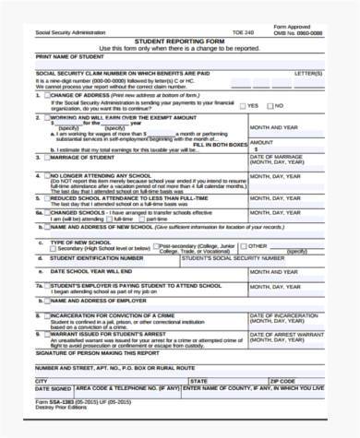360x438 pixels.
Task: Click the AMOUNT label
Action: pyautogui.click(x=262, y=142)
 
